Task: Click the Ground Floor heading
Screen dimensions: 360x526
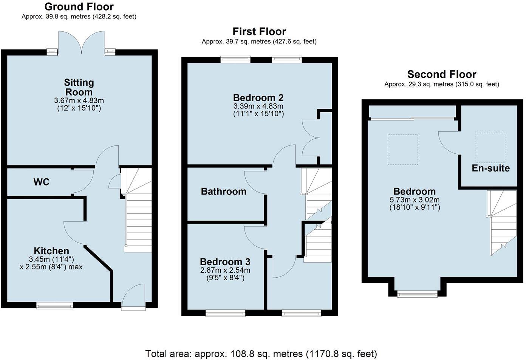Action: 79,7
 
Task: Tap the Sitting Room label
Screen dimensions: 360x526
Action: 79,87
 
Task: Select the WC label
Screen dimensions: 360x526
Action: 42,182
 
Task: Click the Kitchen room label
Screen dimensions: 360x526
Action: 51,251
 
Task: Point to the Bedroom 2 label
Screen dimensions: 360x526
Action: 258,98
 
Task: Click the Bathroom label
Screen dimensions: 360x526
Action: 224,192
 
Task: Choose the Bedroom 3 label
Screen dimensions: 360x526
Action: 225,262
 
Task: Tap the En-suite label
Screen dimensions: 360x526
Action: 490,168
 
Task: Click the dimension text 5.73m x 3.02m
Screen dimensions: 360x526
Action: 415,200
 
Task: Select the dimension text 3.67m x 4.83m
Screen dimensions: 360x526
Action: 79,100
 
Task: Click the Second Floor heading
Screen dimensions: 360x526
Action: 442,74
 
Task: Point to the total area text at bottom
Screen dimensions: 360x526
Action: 261,354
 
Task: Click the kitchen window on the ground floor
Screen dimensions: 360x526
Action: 55,306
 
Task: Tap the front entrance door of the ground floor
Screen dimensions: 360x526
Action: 133,298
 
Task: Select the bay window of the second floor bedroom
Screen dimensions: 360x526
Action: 417,294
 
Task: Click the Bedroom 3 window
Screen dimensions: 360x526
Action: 225,313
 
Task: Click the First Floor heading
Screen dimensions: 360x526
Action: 259,31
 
